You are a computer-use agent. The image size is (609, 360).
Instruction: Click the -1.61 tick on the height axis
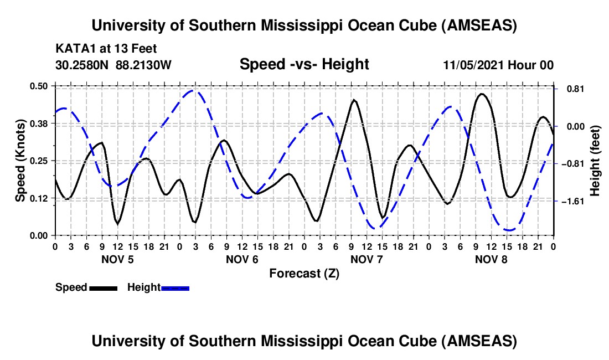click(x=569, y=201)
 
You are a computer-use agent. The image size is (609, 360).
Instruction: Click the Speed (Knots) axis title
click(x=20, y=161)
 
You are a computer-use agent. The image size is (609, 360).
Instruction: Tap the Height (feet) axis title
click(x=595, y=161)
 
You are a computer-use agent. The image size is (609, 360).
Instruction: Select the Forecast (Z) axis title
click(x=304, y=273)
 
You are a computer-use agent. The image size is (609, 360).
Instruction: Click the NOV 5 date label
click(x=117, y=259)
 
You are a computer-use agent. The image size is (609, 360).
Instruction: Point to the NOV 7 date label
click(x=367, y=259)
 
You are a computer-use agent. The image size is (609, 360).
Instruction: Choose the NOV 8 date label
click(x=491, y=259)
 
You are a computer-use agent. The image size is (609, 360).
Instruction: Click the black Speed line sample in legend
click(x=103, y=287)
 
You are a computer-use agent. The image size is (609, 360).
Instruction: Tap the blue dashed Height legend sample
click(x=176, y=287)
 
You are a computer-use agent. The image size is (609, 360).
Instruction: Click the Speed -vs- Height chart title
click(x=304, y=64)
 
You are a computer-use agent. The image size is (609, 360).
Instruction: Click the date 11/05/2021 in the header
click(x=472, y=65)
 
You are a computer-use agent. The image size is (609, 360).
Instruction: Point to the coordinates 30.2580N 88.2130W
click(x=113, y=65)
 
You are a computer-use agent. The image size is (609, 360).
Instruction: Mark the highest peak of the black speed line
click(x=482, y=94)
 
